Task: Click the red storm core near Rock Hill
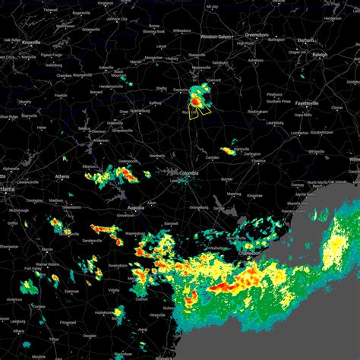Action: click(x=196, y=100)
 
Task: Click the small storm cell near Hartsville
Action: click(x=228, y=151)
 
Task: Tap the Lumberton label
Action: click(x=300, y=133)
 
